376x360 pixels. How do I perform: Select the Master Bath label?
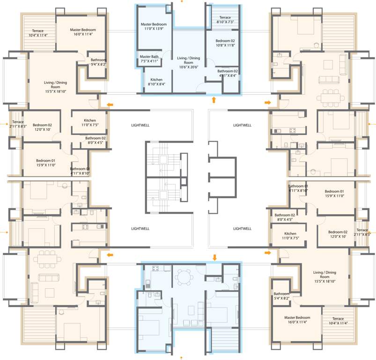[x=148, y=59]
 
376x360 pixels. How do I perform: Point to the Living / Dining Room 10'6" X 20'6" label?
[x=188, y=62]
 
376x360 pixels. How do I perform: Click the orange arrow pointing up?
[x=214, y=99]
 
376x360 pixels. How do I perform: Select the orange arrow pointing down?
[x=214, y=257]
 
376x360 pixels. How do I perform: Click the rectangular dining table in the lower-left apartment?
[x=47, y=258]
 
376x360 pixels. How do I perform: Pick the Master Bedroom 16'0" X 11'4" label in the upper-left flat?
[x=82, y=32]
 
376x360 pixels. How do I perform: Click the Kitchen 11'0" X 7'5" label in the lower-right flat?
[x=290, y=236]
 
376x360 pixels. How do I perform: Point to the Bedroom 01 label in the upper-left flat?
[x=46, y=162]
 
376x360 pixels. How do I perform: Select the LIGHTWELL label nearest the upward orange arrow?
[x=242, y=125]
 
